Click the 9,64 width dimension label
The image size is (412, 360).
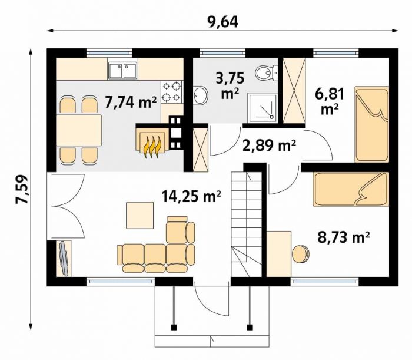tap(223, 22)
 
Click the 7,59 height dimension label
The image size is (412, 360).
tap(22, 189)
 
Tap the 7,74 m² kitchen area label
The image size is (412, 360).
tap(131, 102)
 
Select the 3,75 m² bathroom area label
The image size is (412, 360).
tap(230, 85)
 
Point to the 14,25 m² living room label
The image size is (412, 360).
tap(191, 196)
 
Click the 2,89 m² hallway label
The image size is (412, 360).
tap(270, 146)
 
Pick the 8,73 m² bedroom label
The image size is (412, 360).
tap(344, 237)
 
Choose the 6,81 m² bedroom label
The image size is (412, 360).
tap(330, 101)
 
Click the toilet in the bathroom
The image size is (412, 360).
tap(267, 72)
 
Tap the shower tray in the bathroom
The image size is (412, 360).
tap(263, 108)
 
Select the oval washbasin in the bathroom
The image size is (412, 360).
tap(201, 95)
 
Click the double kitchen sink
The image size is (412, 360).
tap(122, 71)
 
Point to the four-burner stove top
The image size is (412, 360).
tap(172, 92)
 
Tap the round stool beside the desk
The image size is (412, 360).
tap(301, 254)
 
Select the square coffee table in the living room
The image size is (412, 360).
tap(140, 216)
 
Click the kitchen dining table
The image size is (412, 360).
tap(79, 130)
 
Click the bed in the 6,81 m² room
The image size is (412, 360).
tap(371, 124)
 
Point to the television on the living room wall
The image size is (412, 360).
tap(64, 259)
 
